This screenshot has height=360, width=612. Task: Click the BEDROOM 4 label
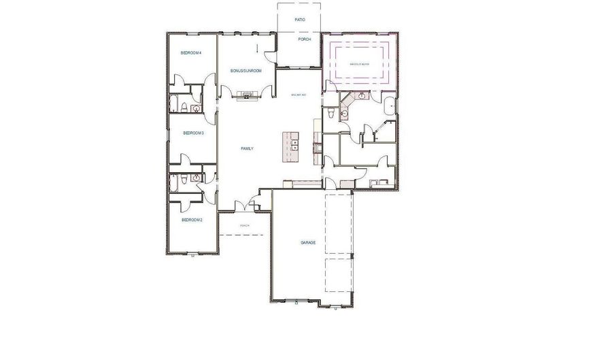190,52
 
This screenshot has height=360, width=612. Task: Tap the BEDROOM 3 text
194,133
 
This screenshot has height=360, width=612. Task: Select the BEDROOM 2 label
191,220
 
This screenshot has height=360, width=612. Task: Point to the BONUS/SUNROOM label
245,71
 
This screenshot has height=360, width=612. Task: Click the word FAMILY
248,148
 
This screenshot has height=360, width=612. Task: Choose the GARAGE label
309,243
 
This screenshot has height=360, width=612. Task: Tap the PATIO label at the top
300,20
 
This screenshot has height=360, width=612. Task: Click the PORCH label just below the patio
305,39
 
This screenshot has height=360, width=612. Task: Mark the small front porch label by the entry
245,225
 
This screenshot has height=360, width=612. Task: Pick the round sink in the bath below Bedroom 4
197,108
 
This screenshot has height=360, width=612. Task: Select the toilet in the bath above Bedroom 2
184,180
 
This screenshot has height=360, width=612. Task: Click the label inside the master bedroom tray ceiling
360,63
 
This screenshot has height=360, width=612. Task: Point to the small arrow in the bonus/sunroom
258,48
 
